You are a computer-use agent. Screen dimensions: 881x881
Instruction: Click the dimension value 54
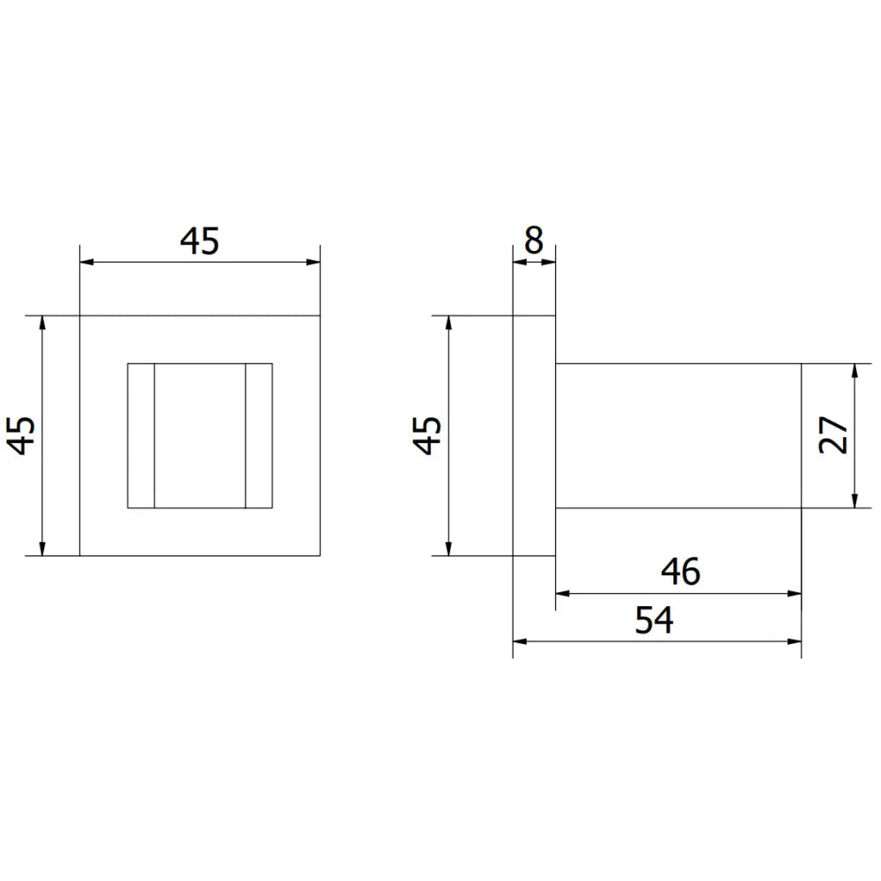pyautogui.click(x=654, y=621)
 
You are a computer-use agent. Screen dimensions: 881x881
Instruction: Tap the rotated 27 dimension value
pyautogui.click(x=833, y=435)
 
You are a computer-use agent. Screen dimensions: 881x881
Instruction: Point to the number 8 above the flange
pyautogui.click(x=534, y=241)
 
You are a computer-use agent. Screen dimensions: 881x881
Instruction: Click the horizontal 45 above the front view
pyautogui.click(x=199, y=241)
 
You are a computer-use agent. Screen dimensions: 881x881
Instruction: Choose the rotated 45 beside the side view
pyautogui.click(x=429, y=435)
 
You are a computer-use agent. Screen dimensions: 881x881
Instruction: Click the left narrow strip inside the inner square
pyautogui.click(x=141, y=435)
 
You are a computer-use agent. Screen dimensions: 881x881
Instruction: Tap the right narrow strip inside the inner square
pyautogui.click(x=258, y=435)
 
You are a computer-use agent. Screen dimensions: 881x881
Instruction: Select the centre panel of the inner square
pyautogui.click(x=199, y=435)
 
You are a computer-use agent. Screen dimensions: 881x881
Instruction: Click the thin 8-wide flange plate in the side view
pyautogui.click(x=534, y=435)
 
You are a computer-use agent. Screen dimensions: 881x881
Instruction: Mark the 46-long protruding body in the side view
pyautogui.click(x=677, y=435)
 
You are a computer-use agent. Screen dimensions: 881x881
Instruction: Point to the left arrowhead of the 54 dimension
pyautogui.click(x=519, y=641)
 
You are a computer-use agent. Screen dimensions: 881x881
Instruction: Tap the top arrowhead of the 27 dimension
pyautogui.click(x=855, y=369)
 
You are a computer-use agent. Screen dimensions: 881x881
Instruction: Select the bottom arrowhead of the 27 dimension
pyautogui.click(x=855, y=501)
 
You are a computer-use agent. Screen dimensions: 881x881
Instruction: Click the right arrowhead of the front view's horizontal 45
pyautogui.click(x=313, y=262)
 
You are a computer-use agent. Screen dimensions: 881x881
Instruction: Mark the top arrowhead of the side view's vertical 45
pyautogui.click(x=449, y=322)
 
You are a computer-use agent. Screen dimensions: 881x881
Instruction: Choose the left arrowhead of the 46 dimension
pyautogui.click(x=562, y=593)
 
